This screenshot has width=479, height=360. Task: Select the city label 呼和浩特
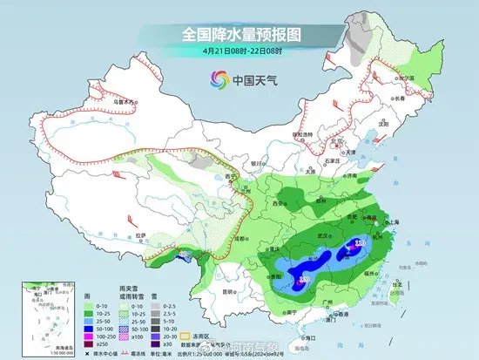click(x=302, y=135)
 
